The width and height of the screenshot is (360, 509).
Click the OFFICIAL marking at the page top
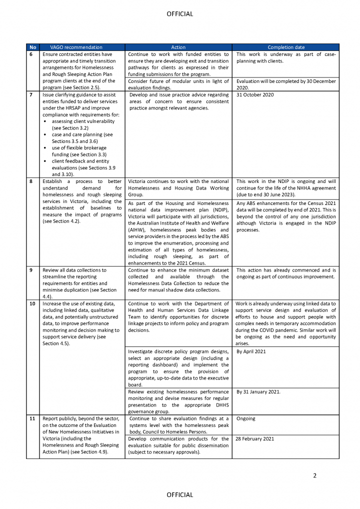[179, 14]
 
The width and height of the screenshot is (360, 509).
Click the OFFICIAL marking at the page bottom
[179, 495]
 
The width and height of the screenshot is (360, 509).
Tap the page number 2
[314, 475]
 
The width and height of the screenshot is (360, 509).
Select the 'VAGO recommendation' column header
[72, 47]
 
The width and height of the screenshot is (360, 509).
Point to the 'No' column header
[32, 47]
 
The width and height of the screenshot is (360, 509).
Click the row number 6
[31, 54]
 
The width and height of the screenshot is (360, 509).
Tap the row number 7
[31, 95]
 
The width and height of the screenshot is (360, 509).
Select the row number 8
[31, 181]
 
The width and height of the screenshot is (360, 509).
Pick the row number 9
[31, 270]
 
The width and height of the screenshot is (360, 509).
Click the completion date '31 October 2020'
[255, 95]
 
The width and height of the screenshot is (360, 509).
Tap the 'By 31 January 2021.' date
[258, 391]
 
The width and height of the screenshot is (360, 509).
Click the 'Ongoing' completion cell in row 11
[245, 418]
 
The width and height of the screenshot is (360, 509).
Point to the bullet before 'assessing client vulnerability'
[45, 121]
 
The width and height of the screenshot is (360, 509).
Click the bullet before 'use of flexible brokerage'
[45, 148]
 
